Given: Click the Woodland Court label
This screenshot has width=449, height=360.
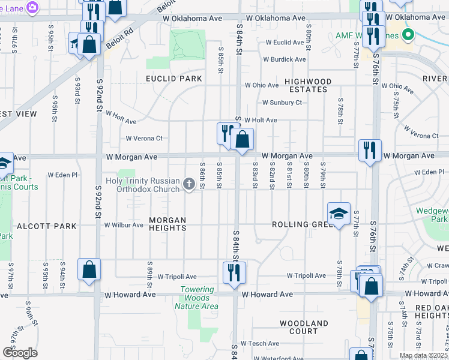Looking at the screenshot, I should coord(303,327).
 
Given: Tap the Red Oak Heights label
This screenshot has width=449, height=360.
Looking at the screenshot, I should coord(431,311).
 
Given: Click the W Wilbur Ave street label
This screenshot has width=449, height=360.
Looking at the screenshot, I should coord(124,226).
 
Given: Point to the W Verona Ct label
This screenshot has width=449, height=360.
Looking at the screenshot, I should coord(143,139).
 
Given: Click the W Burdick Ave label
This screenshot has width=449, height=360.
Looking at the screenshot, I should coord(284,59).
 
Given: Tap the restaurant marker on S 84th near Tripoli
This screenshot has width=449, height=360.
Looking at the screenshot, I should coord(232,272).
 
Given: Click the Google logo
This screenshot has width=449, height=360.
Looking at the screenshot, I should coord(20,353).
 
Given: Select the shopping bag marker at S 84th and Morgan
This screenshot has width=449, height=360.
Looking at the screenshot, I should coord(241,140).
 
